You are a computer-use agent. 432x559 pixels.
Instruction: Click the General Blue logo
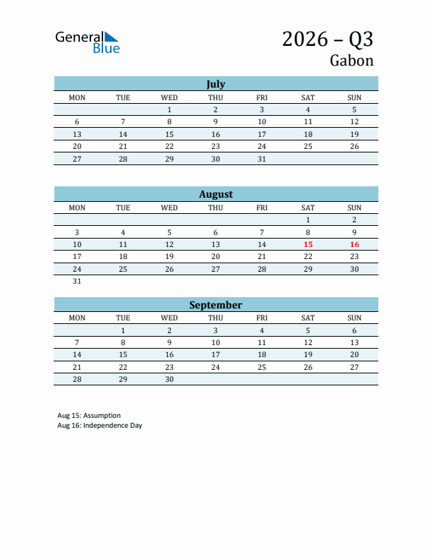point(88,42)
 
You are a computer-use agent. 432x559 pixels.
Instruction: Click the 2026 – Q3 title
point(328,39)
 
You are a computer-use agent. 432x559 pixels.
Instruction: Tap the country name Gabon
point(351,61)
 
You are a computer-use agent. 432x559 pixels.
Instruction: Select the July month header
point(215,84)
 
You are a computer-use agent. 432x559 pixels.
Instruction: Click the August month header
point(215,194)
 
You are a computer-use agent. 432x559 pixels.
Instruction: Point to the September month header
point(215,305)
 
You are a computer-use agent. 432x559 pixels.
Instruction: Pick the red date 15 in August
point(308,244)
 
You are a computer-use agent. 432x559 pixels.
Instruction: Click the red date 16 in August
point(354,244)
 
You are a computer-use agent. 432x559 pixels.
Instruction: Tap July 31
point(262,159)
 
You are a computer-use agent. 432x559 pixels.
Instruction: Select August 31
point(77,281)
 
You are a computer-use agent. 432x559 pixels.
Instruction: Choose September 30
point(169,379)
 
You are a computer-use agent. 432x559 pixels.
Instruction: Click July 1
point(169,109)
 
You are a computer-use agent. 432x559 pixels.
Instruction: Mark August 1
point(308,220)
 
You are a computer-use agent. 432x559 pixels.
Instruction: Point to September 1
point(123,330)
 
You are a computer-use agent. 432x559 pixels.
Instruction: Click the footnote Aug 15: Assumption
point(89,415)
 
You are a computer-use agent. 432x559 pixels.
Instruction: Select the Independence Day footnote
point(100,425)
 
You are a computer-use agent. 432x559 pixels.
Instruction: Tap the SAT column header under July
point(308,97)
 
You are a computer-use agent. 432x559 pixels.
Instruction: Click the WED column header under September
point(169,318)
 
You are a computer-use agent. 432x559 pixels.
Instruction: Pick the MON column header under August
point(77,208)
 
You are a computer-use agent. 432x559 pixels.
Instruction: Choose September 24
point(215,367)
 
